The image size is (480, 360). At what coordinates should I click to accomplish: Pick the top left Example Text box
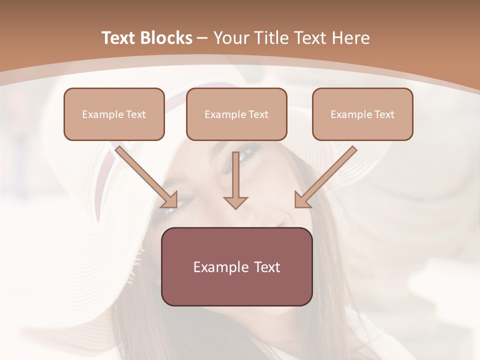coord(114,114)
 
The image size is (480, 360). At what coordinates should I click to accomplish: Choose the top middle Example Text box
coord(236,114)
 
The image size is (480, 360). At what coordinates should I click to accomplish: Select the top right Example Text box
coord(362,114)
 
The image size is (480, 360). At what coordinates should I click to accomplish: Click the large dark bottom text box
coord(236,266)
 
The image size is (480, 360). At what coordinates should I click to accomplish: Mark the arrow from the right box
coord(327,174)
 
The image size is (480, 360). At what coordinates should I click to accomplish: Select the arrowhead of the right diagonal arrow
coord(301,200)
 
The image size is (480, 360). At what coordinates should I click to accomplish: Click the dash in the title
coord(202,38)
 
